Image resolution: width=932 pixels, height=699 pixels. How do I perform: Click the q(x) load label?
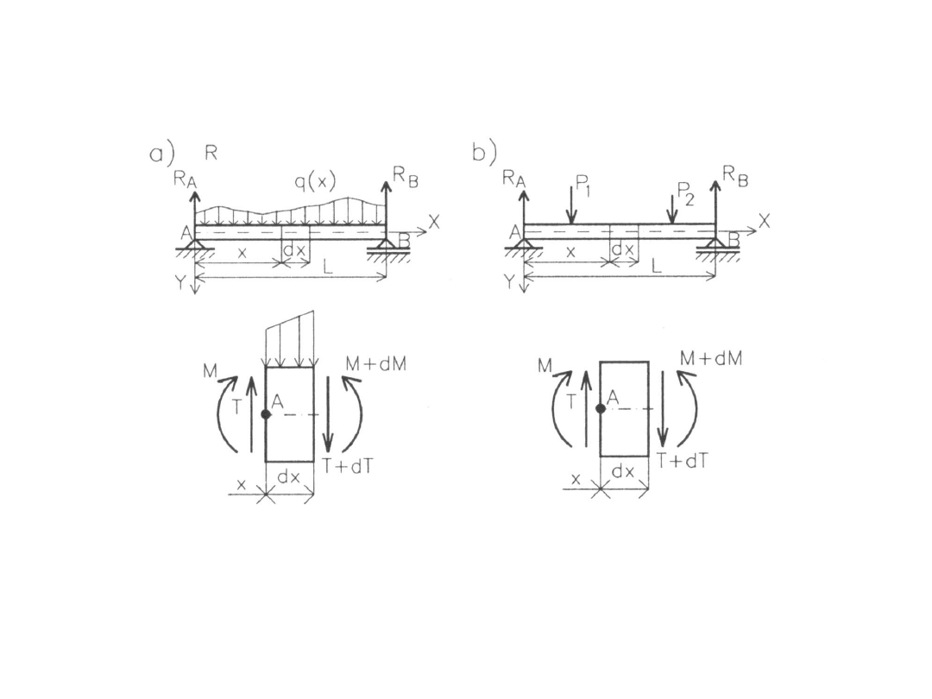[315, 182]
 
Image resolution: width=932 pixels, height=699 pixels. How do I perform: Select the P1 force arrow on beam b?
[571, 205]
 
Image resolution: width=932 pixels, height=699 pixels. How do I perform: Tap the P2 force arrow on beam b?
[671, 209]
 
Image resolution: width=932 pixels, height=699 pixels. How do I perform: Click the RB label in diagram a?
[406, 177]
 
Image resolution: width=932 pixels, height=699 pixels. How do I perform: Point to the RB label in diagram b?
[735, 176]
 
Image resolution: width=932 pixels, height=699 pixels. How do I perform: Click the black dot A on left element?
[266, 414]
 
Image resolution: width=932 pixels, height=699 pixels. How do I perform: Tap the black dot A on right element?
[601, 408]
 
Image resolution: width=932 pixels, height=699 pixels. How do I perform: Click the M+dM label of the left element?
[375, 364]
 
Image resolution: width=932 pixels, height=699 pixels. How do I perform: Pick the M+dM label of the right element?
[711, 358]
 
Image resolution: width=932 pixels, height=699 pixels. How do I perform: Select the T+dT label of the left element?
[348, 467]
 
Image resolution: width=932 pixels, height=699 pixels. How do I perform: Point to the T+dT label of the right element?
[683, 461]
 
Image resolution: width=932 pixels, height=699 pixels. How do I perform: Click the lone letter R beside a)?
[211, 153]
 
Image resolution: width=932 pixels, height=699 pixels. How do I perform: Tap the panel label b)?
[484, 153]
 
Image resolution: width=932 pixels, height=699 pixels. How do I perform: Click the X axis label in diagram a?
[434, 223]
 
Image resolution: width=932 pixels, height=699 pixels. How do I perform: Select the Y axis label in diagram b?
[509, 281]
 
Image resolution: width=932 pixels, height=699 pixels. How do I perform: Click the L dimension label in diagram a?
[328, 267]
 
